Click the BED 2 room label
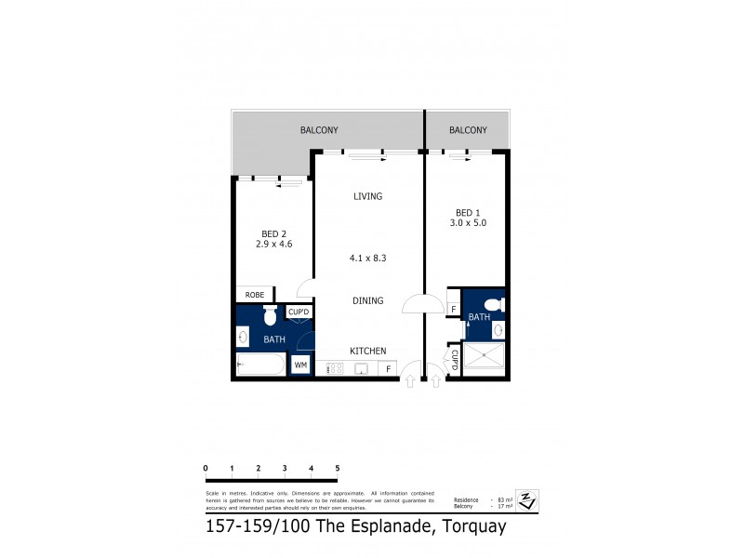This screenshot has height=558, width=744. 274,233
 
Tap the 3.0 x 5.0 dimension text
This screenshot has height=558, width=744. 468,223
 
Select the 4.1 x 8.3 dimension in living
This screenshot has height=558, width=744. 367,259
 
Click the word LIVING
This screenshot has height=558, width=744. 367,196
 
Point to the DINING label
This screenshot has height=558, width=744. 367,301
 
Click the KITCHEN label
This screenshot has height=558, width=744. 367,351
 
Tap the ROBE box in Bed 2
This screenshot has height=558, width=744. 255,295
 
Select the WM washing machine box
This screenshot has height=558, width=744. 300,365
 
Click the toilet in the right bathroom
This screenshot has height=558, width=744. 494,303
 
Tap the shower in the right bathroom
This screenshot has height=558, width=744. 483,359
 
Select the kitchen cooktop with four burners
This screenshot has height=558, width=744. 335,368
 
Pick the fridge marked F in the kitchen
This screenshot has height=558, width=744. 388,369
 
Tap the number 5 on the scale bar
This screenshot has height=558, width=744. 338,468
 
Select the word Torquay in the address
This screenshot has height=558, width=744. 471,527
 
